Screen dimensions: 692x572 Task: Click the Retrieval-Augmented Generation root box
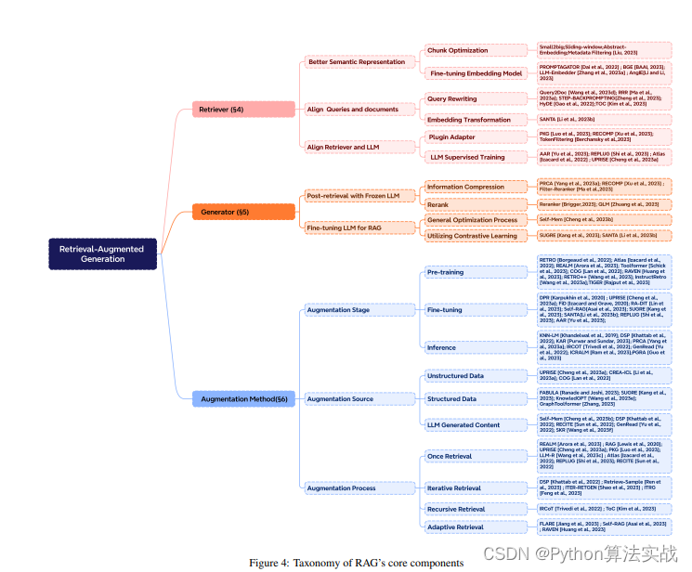click(x=102, y=253)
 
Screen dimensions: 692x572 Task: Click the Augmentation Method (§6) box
click(x=243, y=399)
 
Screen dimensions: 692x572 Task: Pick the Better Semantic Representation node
click(x=357, y=62)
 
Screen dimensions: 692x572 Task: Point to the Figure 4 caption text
click(x=356, y=563)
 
